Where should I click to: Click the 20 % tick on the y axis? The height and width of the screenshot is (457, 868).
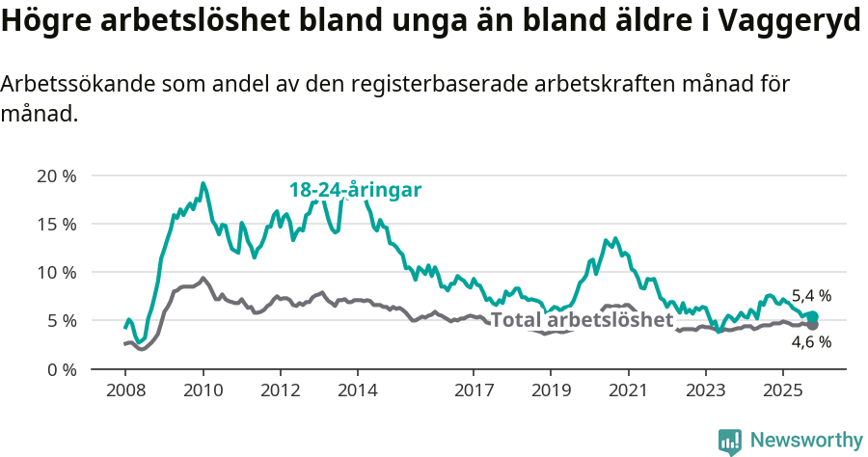56,175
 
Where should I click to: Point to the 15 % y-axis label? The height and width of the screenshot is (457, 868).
56,224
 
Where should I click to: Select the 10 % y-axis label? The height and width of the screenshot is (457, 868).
56,272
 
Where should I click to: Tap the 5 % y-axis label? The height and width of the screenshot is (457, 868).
60,320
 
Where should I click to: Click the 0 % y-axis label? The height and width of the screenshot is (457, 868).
60,368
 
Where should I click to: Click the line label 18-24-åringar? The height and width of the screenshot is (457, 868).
355,190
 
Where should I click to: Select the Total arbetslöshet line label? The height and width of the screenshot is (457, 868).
582,320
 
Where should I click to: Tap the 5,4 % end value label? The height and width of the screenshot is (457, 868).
811,296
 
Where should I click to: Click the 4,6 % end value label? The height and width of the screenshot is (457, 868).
811,341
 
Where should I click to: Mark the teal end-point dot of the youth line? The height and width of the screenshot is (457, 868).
812,316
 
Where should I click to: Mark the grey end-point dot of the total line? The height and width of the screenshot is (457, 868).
812,325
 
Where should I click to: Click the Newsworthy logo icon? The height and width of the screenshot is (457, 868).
729,441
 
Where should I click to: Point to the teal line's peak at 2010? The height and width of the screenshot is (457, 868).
203,183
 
